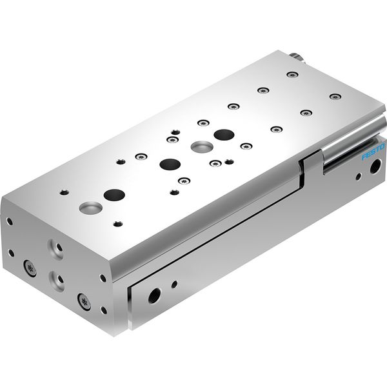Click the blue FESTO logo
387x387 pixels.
[373, 152]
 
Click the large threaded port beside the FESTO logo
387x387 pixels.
[375, 166]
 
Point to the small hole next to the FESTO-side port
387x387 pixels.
[359, 176]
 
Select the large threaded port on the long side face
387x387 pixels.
[155, 296]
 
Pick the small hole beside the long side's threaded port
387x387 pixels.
[174, 284]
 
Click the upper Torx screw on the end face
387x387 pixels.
[30, 268]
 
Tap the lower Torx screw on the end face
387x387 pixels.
[84, 302]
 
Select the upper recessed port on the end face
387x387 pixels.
[56, 249]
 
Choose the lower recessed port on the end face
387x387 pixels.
[57, 281]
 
